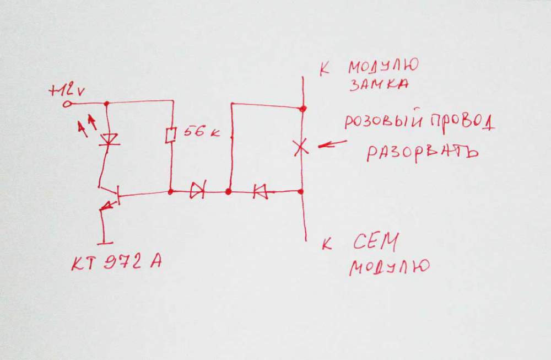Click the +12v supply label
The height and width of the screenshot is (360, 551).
[67, 91]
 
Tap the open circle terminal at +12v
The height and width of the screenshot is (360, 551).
[67, 104]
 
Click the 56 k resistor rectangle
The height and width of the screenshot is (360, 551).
[170, 136]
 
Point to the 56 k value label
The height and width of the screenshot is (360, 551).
[201, 132]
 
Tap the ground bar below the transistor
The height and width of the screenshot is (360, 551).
[105, 243]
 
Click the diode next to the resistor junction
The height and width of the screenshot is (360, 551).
[197, 192]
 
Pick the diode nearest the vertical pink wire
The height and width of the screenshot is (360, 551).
[260, 192]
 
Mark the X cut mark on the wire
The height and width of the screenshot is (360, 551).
[301, 147]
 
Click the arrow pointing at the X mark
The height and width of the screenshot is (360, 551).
[332, 144]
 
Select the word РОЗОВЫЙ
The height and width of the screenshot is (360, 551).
[383, 122]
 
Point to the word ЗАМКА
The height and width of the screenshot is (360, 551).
[379, 85]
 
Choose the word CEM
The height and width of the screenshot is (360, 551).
[376, 241]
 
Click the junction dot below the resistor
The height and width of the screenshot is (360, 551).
[171, 192]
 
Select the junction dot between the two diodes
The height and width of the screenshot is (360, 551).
[229, 192]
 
